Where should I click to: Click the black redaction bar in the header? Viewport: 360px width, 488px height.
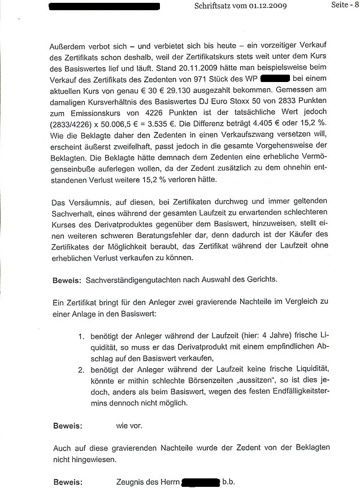point(104,7)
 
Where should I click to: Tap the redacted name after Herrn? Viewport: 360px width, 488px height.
point(199,482)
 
